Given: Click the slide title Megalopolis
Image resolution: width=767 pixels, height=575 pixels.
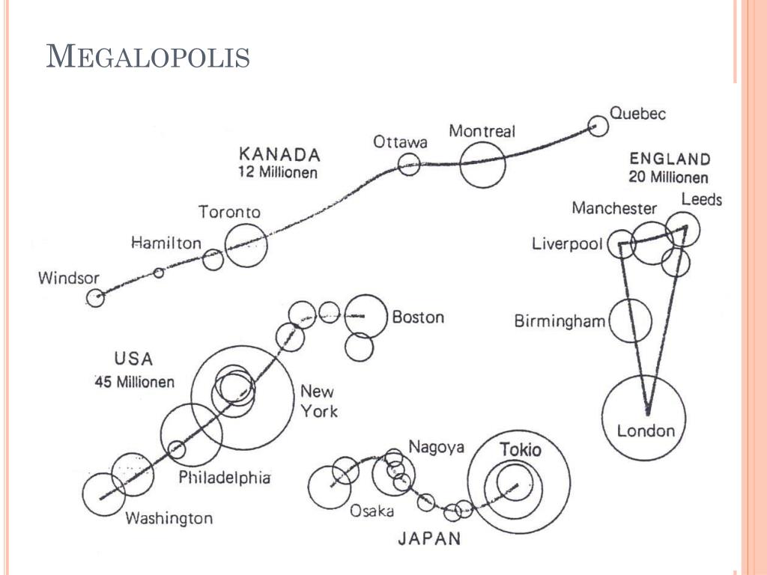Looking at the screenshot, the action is point(148,56).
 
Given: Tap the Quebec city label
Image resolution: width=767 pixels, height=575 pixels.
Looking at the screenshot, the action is point(637,114).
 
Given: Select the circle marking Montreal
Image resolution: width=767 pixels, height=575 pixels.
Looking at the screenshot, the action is point(482,142).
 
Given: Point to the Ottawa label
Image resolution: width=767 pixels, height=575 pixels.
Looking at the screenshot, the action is point(400,142).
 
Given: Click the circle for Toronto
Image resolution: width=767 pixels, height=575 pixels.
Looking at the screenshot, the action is point(246,224).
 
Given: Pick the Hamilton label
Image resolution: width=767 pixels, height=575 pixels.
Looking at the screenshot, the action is point(166,243).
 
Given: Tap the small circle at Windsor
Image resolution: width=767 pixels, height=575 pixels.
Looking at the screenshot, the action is point(95,288).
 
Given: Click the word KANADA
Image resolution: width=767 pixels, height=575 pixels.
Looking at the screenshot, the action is point(279,154).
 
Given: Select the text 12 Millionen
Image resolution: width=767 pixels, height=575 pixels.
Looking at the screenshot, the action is point(278,172).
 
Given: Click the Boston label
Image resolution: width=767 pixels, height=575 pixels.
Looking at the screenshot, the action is point(418,317).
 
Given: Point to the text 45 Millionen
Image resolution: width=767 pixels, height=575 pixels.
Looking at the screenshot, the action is point(135,381).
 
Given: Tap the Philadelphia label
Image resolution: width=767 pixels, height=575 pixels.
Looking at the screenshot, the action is point(224,477).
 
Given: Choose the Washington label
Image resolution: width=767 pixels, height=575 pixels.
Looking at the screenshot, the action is point(169,518).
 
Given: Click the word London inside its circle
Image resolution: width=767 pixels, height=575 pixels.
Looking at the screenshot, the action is point(646,431).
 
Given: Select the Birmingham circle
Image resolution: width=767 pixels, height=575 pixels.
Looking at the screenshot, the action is point(630,299).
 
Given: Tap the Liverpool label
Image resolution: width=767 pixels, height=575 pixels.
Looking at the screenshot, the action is point(568,243).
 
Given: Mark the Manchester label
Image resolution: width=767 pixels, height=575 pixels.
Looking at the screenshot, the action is point(614,208).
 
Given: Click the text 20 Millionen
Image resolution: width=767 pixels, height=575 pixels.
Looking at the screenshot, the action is point(668,177).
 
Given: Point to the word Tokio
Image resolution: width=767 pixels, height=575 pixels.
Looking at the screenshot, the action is point(521,450).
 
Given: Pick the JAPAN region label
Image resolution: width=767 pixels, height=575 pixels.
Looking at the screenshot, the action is point(429,538).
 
